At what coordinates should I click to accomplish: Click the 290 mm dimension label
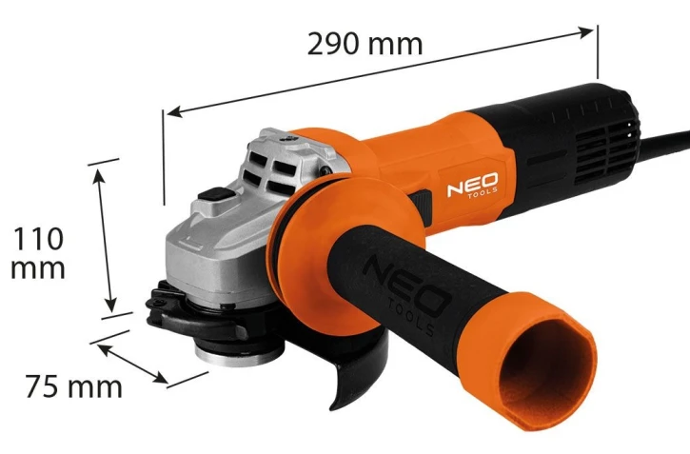tap(365, 44)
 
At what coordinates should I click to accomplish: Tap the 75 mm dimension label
tap(73, 386)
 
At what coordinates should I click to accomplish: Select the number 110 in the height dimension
tap(38, 239)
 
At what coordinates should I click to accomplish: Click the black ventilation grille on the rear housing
tap(605, 147)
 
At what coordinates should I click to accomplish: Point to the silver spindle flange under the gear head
tap(240, 353)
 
